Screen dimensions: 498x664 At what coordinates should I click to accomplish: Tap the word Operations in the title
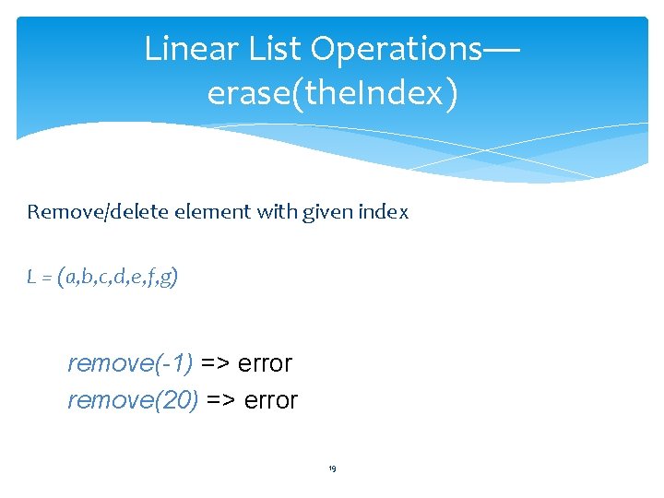click(395, 49)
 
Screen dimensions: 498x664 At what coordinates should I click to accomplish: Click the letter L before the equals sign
click(31, 278)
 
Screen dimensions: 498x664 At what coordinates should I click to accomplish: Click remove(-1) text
click(130, 363)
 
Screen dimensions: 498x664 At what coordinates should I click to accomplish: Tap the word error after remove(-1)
click(265, 363)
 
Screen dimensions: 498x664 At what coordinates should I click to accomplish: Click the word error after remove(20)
click(271, 401)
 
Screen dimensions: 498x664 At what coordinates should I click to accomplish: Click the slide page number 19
click(332, 469)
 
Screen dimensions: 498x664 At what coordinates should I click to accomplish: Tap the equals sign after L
click(45, 278)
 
